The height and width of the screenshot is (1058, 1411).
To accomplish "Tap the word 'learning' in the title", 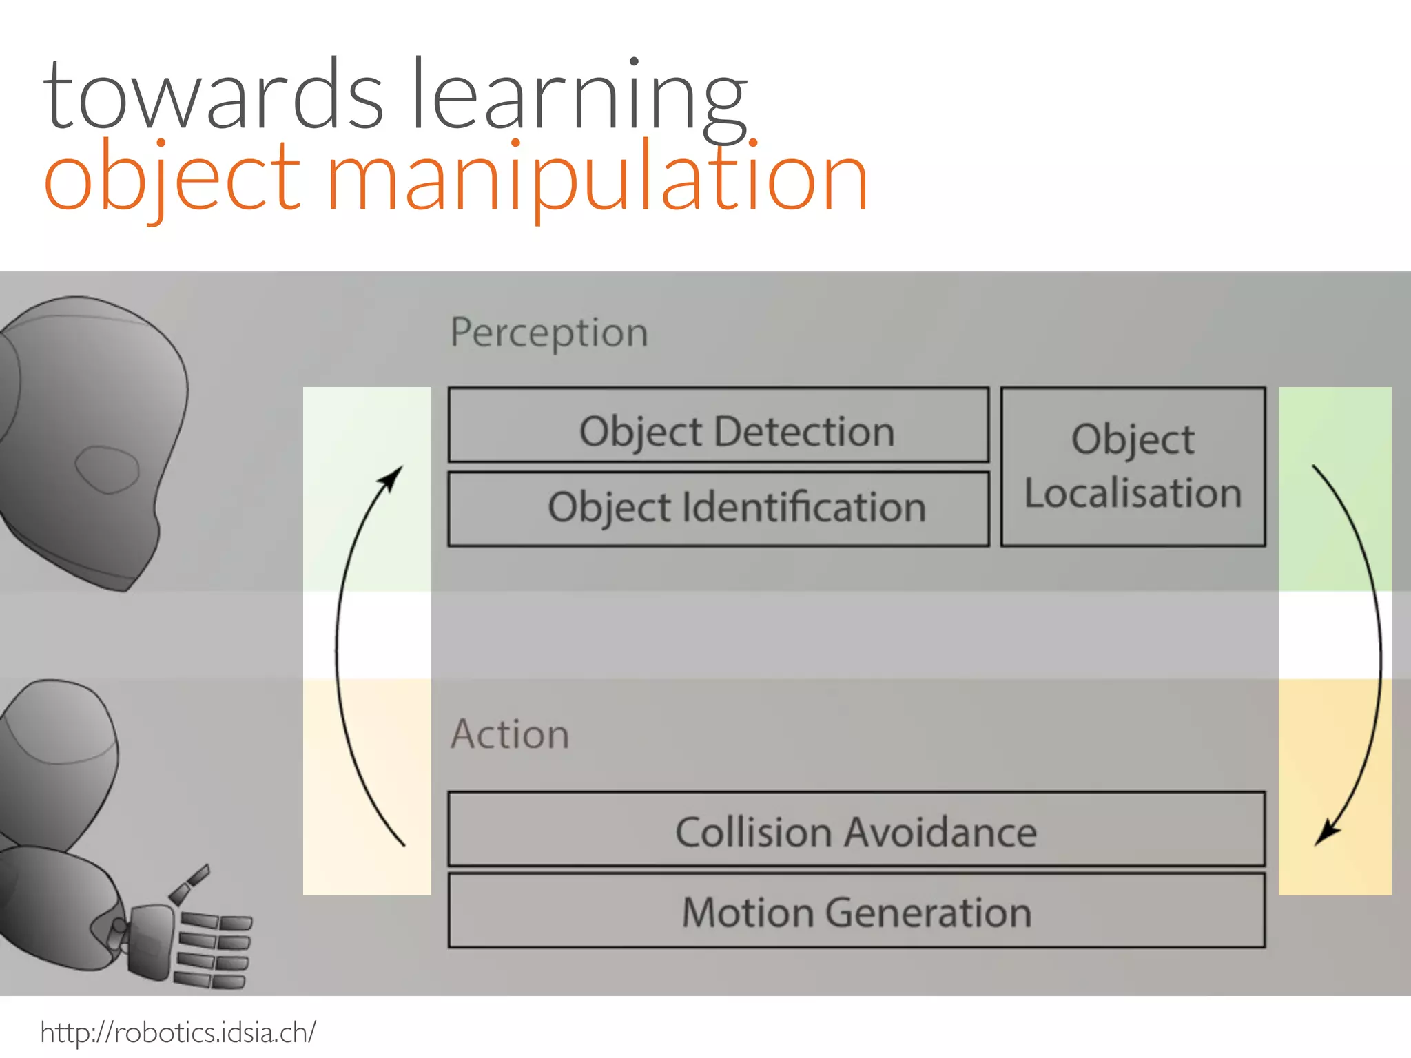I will pos(579,96).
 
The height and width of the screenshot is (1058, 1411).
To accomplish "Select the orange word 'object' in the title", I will pos(172,179).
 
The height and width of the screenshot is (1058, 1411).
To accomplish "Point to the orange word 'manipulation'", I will pos(597,179).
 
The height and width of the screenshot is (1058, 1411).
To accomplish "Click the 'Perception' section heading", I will pos(549,333).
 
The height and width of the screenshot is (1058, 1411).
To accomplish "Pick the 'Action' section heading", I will pos(510,734).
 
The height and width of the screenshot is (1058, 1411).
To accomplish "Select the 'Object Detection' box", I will pos(719,425).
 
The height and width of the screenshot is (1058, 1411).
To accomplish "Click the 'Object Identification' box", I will pos(719,509).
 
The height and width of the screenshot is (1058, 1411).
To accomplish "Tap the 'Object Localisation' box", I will pos(1133,467).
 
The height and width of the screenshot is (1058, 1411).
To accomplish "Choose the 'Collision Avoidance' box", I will pos(856,829).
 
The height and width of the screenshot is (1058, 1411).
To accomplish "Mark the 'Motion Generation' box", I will pos(856,911).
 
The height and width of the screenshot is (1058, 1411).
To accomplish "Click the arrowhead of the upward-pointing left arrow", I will pos(394,476).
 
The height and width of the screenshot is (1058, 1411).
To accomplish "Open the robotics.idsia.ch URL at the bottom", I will pos(178,1033).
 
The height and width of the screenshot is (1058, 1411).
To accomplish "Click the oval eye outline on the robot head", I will pos(107,469).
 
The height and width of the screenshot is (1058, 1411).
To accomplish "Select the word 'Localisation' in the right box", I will pos(1133,493).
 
